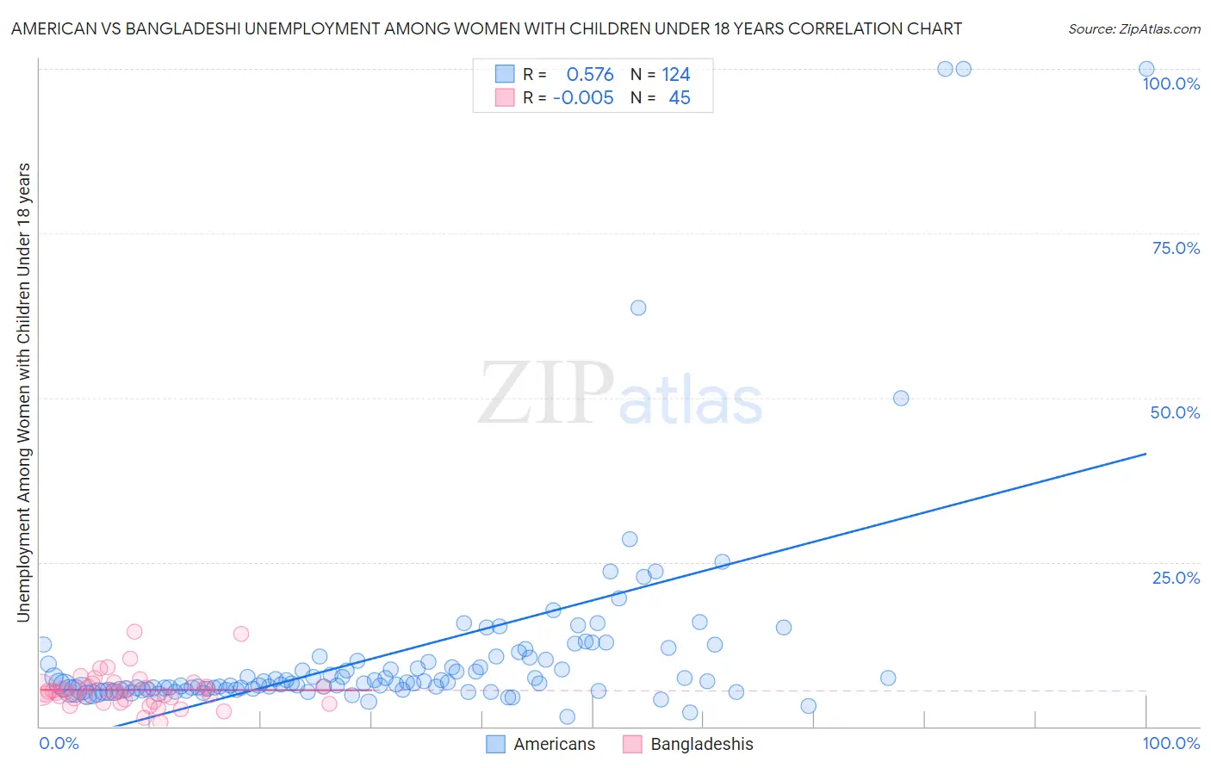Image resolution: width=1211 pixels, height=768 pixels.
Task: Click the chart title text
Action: tap(486, 28)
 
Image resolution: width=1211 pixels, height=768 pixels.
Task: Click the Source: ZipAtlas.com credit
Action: tap(1133, 28)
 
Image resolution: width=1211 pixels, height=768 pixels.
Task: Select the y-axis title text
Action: tap(23, 392)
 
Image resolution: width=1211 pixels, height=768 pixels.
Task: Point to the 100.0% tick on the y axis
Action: tap(1171, 84)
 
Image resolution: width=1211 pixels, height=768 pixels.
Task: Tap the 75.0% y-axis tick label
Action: tap(1176, 248)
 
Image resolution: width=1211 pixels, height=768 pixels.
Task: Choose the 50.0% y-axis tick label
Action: tap(1175, 412)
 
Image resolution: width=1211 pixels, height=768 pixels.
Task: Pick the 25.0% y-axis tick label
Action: tap(1176, 577)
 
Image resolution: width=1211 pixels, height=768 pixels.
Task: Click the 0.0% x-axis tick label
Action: tap(59, 743)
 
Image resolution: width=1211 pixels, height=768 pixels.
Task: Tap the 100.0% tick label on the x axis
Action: tap(1171, 743)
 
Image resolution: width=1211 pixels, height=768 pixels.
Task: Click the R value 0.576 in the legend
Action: tap(590, 75)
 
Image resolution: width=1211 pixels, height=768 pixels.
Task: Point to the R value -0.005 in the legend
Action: tap(583, 98)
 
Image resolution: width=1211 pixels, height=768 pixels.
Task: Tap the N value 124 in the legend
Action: tap(676, 75)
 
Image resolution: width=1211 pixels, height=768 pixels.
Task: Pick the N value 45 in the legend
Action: tap(680, 98)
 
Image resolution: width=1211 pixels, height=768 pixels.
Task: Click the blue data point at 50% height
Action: tap(901, 398)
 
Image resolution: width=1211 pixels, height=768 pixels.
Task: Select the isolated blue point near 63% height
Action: tap(638, 307)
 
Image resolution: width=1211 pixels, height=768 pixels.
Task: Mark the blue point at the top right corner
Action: tap(1146, 69)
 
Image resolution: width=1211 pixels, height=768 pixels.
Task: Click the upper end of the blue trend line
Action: tap(1146, 453)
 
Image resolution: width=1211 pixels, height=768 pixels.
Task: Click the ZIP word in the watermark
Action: tap(546, 393)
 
